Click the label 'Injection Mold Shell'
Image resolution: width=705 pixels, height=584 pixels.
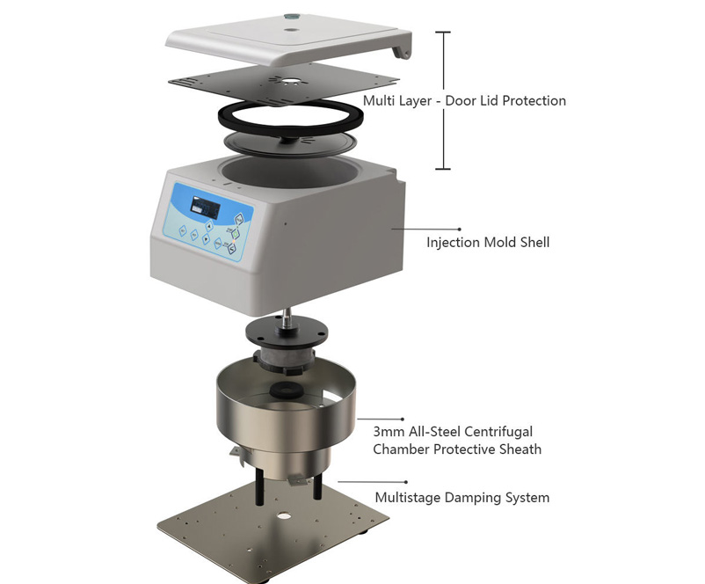pos(488,243)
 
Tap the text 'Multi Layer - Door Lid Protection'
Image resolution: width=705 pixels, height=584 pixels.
pos(464,101)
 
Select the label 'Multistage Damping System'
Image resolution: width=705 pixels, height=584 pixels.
pos(462,498)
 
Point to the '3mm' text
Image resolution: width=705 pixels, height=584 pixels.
pos(389,432)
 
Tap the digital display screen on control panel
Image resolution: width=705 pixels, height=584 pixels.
pos(205,208)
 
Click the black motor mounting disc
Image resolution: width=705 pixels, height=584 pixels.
pos(287,332)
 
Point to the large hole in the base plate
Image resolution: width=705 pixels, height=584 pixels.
pos(284,515)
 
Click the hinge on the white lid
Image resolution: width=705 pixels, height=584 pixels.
pos(402,50)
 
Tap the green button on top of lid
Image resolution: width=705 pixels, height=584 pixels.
pos(291,17)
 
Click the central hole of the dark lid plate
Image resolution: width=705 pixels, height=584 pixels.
pos(291,82)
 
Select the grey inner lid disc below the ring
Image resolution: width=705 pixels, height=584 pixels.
pos(290,143)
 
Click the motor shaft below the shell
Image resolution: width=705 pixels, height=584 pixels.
pos(286,318)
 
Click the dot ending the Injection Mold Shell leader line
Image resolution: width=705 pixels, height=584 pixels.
pos(459,229)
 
